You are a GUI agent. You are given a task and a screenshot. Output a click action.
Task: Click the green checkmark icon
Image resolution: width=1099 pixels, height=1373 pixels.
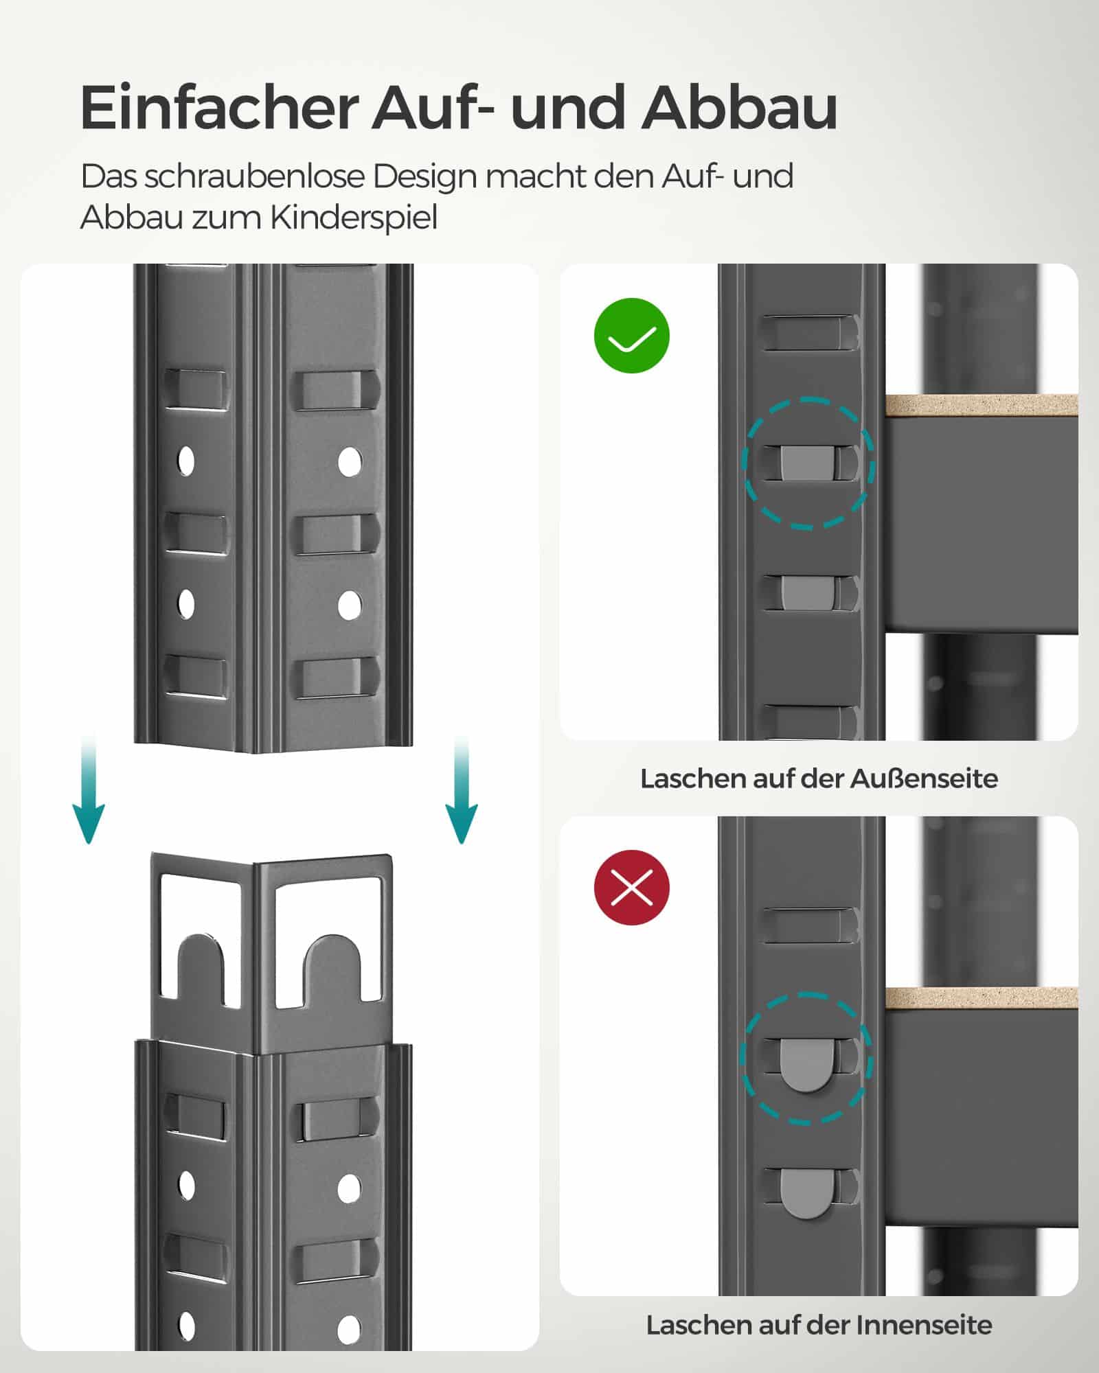[631, 336]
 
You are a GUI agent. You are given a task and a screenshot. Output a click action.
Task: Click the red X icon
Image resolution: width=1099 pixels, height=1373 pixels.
[631, 887]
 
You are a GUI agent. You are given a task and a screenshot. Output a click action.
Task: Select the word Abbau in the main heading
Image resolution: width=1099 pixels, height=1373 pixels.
[739, 108]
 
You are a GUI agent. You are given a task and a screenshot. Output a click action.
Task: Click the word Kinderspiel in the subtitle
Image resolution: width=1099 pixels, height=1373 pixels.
[353, 218]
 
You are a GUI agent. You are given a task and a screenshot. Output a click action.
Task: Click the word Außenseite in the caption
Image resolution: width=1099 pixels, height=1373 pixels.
[924, 778]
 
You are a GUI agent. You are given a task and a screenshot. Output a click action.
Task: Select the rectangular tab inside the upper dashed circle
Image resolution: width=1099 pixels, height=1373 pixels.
[808, 463]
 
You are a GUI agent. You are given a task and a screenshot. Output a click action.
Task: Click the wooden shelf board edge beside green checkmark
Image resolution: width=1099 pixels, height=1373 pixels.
[981, 405]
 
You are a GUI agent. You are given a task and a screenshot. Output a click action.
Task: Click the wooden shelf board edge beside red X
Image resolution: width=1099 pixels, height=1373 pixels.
[981, 998]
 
